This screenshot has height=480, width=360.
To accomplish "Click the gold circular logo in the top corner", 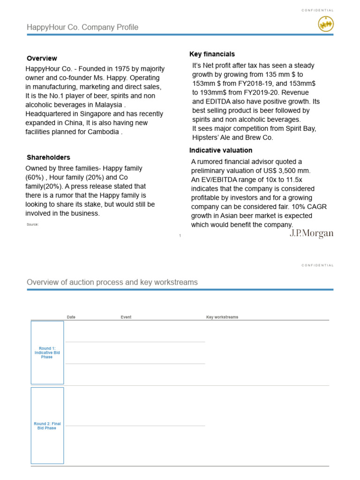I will pyautogui.click(x=326, y=23).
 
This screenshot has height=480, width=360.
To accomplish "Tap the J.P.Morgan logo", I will pyautogui.click(x=311, y=233).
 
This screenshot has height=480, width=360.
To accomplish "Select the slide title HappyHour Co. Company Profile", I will pyautogui.click(x=82, y=27).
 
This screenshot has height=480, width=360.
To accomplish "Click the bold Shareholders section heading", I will pyautogui.click(x=48, y=157).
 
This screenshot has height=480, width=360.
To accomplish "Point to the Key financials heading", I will pyautogui.click(x=212, y=54).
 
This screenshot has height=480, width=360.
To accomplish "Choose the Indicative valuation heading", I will pyautogui.click(x=221, y=150).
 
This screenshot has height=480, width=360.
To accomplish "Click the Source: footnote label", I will pyautogui.click(x=32, y=225).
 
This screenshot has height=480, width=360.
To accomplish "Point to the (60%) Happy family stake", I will pyautogui.click(x=34, y=178).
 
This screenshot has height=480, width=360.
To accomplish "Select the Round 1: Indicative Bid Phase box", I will pyautogui.click(x=47, y=352).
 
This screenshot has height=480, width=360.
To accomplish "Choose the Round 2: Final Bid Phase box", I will pyautogui.click(x=47, y=426).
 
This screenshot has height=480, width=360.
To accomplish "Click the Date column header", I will pyautogui.click(x=71, y=317).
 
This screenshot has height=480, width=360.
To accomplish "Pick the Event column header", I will pyautogui.click(x=126, y=317).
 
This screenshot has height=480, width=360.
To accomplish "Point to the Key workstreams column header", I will pyautogui.click(x=222, y=317).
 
